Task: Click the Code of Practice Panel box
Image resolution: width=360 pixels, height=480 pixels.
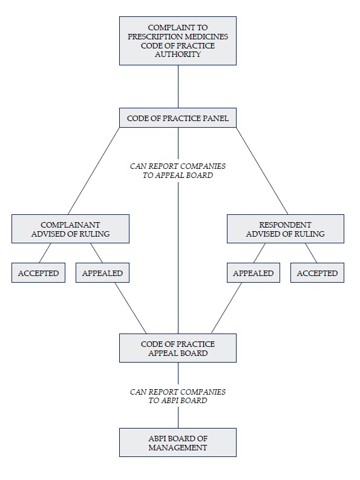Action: click(x=177, y=117)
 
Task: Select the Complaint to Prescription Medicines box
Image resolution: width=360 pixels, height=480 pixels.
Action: click(x=177, y=41)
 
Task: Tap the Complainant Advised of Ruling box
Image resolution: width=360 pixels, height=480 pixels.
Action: click(x=70, y=229)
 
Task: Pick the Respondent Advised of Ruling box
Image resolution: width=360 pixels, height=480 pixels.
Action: click(x=286, y=229)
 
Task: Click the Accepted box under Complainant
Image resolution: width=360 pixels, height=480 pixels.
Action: click(x=38, y=272)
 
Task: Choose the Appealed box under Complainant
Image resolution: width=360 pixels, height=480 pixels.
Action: click(x=102, y=272)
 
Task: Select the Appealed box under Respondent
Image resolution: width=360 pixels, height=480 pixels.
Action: click(x=253, y=272)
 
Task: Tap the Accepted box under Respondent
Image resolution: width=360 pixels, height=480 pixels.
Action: click(x=317, y=272)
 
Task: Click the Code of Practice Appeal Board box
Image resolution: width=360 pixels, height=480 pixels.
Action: click(x=177, y=348)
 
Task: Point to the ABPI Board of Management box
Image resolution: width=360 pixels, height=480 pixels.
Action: click(x=177, y=442)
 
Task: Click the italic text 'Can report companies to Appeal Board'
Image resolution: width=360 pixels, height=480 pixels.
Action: click(x=177, y=171)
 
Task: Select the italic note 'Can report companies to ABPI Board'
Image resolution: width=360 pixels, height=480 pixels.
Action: click(x=177, y=396)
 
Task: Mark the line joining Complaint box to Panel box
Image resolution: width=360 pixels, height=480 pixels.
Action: click(x=178, y=87)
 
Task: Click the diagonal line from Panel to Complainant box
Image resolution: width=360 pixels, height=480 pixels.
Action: click(x=94, y=171)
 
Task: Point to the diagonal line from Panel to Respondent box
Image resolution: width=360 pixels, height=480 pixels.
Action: click(x=262, y=171)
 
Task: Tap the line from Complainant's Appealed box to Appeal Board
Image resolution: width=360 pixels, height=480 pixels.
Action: click(x=131, y=308)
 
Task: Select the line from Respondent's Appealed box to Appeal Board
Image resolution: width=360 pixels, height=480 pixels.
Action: click(x=226, y=308)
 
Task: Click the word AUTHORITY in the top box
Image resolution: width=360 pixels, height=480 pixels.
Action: click(x=177, y=54)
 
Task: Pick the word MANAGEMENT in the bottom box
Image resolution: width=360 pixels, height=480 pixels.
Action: click(x=177, y=447)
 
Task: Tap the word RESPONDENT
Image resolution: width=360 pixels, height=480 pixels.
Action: click(x=286, y=225)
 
